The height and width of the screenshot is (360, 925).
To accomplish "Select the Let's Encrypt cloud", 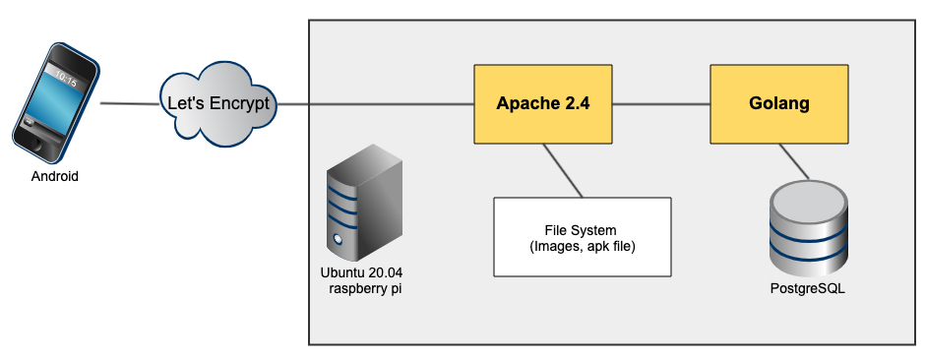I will click(216, 102).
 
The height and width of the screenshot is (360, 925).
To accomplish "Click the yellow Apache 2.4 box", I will click(542, 103).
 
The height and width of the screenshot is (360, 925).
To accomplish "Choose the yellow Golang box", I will click(779, 103).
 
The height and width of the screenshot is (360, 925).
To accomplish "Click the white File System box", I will click(582, 237).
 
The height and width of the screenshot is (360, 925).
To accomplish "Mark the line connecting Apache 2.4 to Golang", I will click(660, 103).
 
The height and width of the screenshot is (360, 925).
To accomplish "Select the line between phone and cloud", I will click(128, 103).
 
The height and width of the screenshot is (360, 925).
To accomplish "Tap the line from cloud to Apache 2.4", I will click(374, 103).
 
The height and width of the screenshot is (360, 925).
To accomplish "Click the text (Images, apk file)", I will click(582, 245).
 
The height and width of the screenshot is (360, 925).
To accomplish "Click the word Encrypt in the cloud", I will click(237, 103).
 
